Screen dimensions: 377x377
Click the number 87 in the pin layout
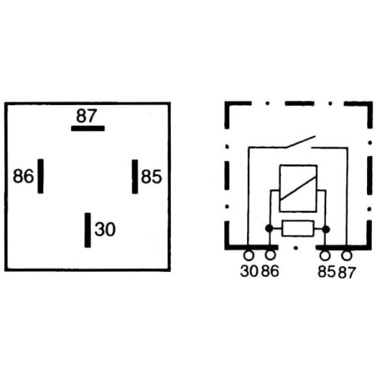pyautogui.click(x=87, y=116)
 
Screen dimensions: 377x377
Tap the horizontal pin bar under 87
pyautogui.click(x=88, y=128)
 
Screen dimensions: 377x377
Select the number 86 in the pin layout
pyautogui.click(x=23, y=176)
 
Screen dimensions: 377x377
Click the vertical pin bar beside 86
pyautogui.click(x=41, y=176)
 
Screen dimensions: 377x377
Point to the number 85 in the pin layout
pyautogui.click(x=151, y=177)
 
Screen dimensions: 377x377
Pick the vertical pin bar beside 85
pyautogui.click(x=135, y=177)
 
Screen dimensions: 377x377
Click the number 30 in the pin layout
pyautogui.click(x=105, y=229)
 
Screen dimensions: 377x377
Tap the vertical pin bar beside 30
pyautogui.click(x=88, y=230)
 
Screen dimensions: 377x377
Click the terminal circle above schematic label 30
pyautogui.click(x=249, y=255)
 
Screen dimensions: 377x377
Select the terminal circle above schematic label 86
pyautogui.click(x=270, y=255)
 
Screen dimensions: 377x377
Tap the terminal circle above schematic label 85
pyautogui.click(x=325, y=255)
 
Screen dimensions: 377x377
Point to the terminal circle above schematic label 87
pyautogui.click(x=347, y=255)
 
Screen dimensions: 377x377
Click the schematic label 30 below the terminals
pyautogui.click(x=249, y=271)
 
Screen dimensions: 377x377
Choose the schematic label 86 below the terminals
pyautogui.click(x=269, y=271)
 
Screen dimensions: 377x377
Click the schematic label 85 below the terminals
pyautogui.click(x=327, y=272)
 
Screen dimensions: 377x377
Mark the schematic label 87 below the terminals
pyautogui.click(x=347, y=273)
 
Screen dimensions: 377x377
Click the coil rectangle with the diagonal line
pyautogui.click(x=298, y=188)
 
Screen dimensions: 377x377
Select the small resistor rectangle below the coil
pyautogui.click(x=298, y=229)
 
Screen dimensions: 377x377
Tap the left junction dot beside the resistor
pyautogui.click(x=269, y=229)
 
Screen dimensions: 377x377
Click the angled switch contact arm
pyautogui.click(x=301, y=142)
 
